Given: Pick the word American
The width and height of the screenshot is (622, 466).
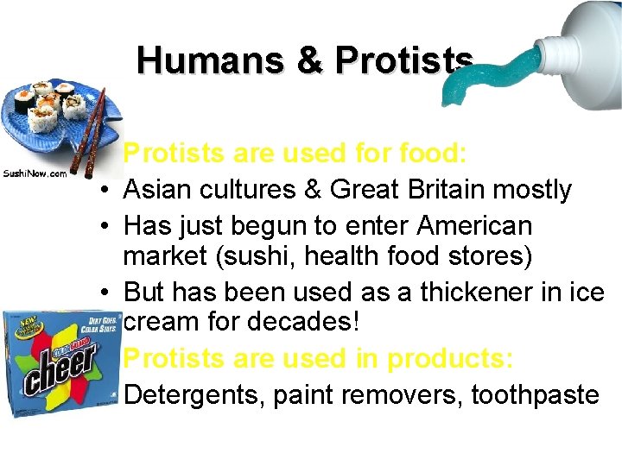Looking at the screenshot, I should point(475,226).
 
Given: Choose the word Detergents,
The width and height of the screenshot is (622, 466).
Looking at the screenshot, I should point(194,395).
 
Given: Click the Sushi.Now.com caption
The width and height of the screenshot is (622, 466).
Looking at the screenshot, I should point(35,173).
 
